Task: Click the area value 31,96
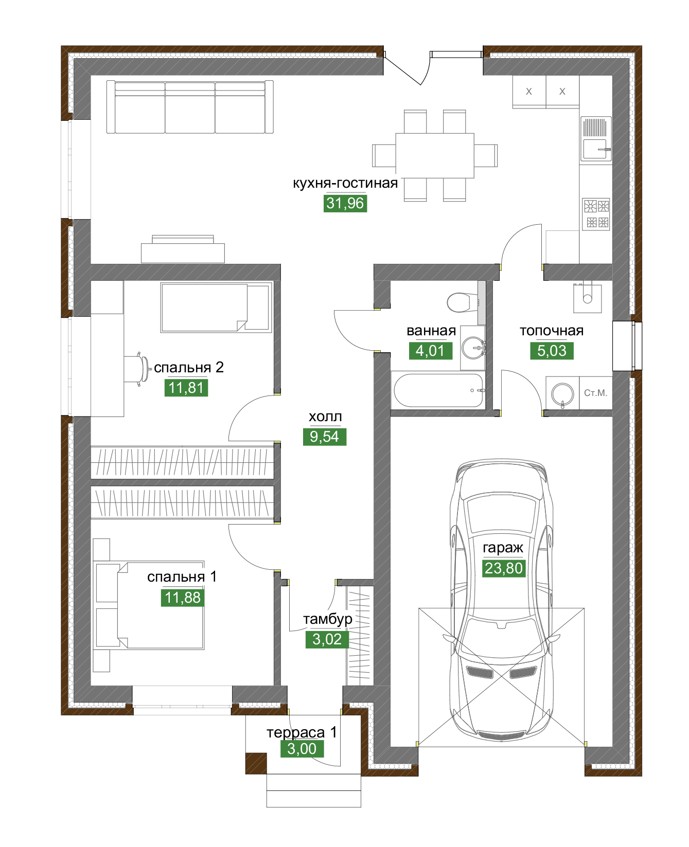[x=345, y=203]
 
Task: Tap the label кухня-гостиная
[x=345, y=183]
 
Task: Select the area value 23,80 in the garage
[x=504, y=568]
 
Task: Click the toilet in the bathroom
[x=463, y=302]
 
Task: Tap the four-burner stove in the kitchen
[x=596, y=213]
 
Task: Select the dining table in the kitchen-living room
[x=435, y=155]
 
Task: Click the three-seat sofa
[x=190, y=107]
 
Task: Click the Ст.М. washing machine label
[x=596, y=393]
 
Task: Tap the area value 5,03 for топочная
[x=552, y=351]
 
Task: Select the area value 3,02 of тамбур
[x=327, y=639]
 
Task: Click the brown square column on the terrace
[x=256, y=763]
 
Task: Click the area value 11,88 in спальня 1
[x=183, y=598]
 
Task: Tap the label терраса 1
[x=302, y=732]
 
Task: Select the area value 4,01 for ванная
[x=430, y=351]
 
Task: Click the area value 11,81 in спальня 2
[x=186, y=388]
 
